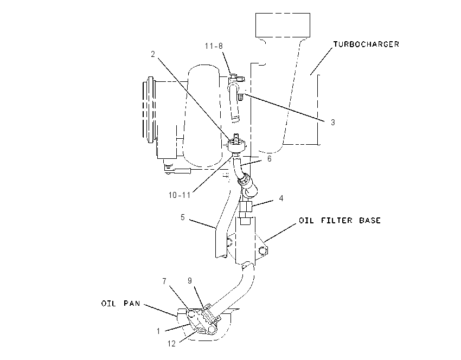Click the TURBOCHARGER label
tap(366, 44)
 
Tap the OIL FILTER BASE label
tap(340, 221)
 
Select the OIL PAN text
tap(121, 303)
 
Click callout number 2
tap(153, 54)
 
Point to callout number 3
tap(333, 122)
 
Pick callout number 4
tap(281, 198)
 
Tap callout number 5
tap(183, 217)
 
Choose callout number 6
tap(270, 159)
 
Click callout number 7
tap(164, 281)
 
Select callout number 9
tap(190, 281)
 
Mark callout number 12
tap(171, 344)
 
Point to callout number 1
tap(158, 331)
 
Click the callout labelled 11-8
tap(214, 46)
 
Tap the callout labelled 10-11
tap(180, 195)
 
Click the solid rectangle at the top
tap(283, 25)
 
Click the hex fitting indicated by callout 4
tap(246, 207)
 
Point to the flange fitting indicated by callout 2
tap(236, 145)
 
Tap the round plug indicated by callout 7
tap(191, 313)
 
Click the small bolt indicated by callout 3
tap(240, 97)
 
